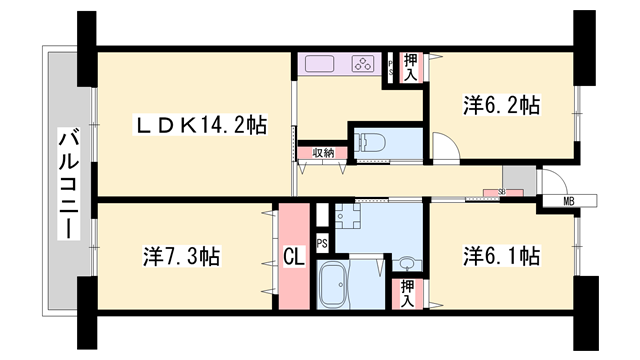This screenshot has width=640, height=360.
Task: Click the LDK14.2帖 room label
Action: [201, 126]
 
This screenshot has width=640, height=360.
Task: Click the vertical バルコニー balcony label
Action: [67, 184]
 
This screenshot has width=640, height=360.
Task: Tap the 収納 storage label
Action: [323, 153]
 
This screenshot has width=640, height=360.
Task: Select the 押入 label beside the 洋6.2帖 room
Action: [411, 66]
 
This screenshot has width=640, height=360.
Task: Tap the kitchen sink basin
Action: [321, 64]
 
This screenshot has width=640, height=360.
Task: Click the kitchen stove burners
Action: [362, 64]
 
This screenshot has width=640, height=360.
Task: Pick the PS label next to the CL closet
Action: [322, 243]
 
